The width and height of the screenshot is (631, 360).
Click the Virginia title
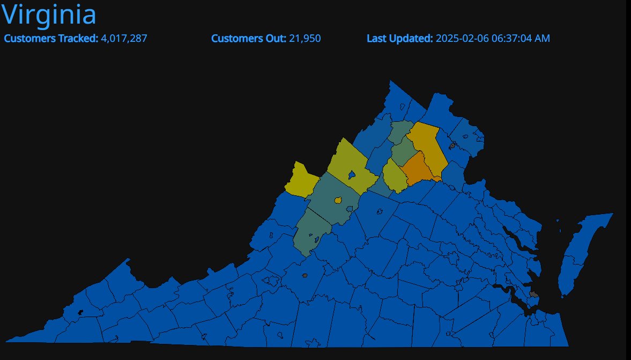[x=49, y=15]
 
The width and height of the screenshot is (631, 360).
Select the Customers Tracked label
[x=51, y=39]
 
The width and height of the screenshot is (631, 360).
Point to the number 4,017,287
[x=124, y=39]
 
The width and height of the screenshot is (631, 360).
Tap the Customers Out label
[x=249, y=39]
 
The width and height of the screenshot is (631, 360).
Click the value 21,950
[x=305, y=39]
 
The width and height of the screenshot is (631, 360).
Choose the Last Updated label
[x=399, y=39]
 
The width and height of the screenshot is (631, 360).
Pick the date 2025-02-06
[x=462, y=39]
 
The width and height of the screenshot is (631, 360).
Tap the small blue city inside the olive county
[x=351, y=175]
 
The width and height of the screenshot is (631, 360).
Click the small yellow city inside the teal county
[x=338, y=201]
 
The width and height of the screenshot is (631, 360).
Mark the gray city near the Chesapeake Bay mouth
[x=534, y=294]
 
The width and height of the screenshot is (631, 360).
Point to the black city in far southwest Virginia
[x=81, y=312]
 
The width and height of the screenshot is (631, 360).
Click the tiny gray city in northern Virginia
[x=452, y=145]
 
